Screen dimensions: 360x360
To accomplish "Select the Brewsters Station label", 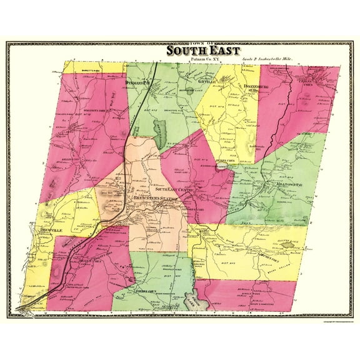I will (148, 199).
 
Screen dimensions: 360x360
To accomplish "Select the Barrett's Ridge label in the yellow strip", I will (86, 71).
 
